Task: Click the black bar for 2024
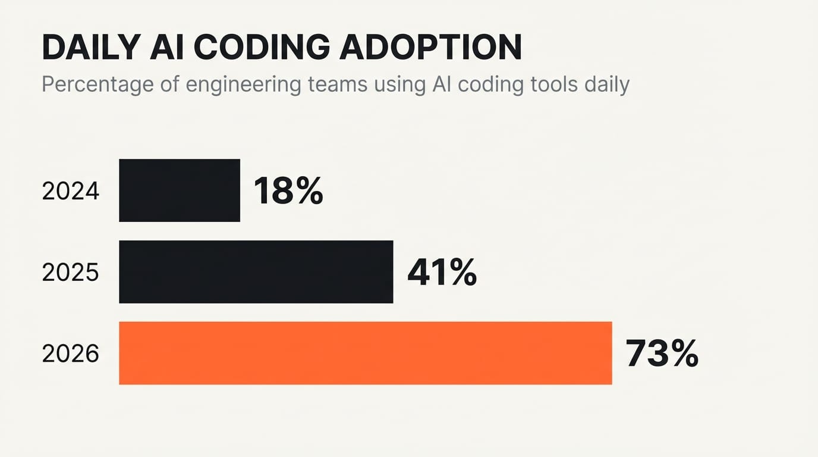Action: click(180, 190)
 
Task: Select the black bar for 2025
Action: click(256, 272)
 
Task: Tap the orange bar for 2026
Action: click(365, 353)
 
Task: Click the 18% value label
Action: click(288, 191)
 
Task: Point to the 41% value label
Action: click(442, 273)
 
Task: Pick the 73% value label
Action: click(662, 353)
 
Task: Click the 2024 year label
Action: click(70, 191)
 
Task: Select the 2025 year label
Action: click(70, 273)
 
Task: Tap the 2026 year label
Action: click(70, 354)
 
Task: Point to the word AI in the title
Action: click(170, 48)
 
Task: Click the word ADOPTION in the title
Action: click(430, 48)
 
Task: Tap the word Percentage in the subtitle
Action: click(97, 84)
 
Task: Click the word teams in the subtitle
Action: click(338, 84)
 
